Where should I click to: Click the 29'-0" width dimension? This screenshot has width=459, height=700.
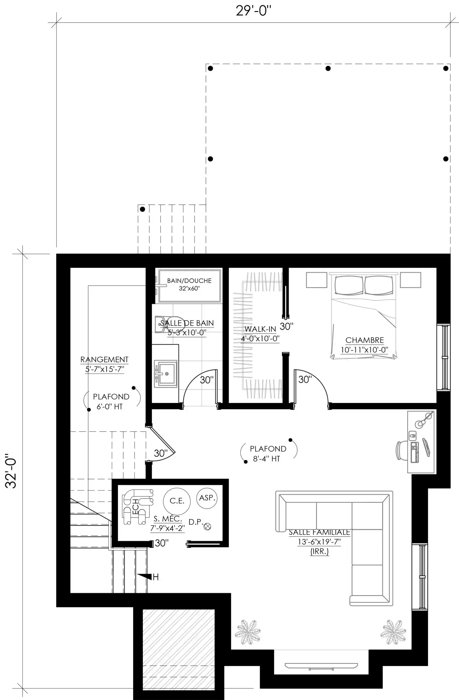point(253,11)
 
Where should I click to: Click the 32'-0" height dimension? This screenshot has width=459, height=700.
point(11,471)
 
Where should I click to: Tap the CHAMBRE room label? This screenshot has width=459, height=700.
point(365,340)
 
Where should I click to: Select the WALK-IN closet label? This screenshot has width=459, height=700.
point(260,329)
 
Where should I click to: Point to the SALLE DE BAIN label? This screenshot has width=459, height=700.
point(187,323)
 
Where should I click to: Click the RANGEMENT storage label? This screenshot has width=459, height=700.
point(104,359)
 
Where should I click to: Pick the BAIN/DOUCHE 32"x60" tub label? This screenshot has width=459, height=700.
point(190,284)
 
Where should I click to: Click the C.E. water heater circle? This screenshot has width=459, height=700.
point(177,501)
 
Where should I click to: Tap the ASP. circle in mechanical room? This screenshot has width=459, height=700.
point(207,498)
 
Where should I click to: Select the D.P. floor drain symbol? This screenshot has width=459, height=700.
point(207,526)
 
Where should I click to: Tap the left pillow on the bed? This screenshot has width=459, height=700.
point(349,285)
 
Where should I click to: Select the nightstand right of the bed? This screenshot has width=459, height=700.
point(411,280)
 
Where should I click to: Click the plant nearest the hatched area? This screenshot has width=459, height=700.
point(248,632)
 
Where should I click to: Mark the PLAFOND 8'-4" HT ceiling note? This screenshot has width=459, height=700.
point(268,454)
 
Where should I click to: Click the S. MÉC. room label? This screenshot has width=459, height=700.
point(168,519)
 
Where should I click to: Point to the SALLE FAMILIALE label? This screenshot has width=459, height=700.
point(319,532)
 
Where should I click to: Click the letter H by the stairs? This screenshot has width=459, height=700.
point(156,577)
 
